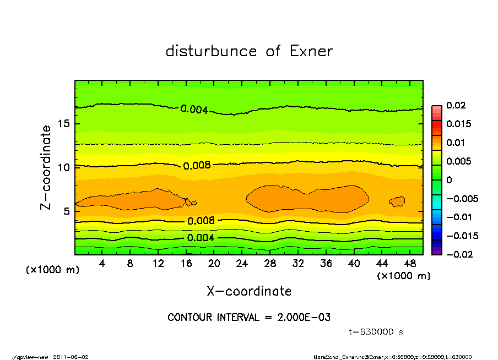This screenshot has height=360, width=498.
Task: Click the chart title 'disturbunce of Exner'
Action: (249, 51)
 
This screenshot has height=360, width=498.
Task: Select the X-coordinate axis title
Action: (249, 291)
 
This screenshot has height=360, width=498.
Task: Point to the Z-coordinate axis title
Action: (46, 167)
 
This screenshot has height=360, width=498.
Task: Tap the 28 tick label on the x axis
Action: (270, 264)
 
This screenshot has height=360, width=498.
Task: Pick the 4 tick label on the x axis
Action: (102, 264)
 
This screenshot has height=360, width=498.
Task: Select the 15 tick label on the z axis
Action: (63, 123)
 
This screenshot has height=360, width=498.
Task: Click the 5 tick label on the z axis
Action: (67, 211)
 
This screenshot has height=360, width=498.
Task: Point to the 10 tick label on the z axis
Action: (63, 167)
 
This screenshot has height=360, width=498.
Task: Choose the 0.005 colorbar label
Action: (458, 161)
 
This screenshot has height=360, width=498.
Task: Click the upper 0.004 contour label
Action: (194, 110)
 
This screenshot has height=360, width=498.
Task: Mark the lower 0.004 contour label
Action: (201, 238)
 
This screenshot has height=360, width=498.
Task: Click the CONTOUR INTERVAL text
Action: (249, 318)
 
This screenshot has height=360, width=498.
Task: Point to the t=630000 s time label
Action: (377, 332)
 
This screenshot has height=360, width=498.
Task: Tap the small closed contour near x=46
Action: (397, 201)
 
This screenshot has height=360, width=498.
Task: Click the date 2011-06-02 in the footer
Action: (71, 357)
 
